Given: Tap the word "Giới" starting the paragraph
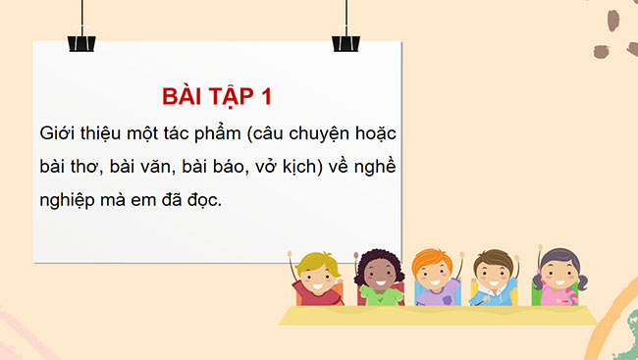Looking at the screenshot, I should tap(58, 131).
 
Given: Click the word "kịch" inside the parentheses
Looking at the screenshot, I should tap(325, 165).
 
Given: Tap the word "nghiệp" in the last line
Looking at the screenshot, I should tap(73, 199).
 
